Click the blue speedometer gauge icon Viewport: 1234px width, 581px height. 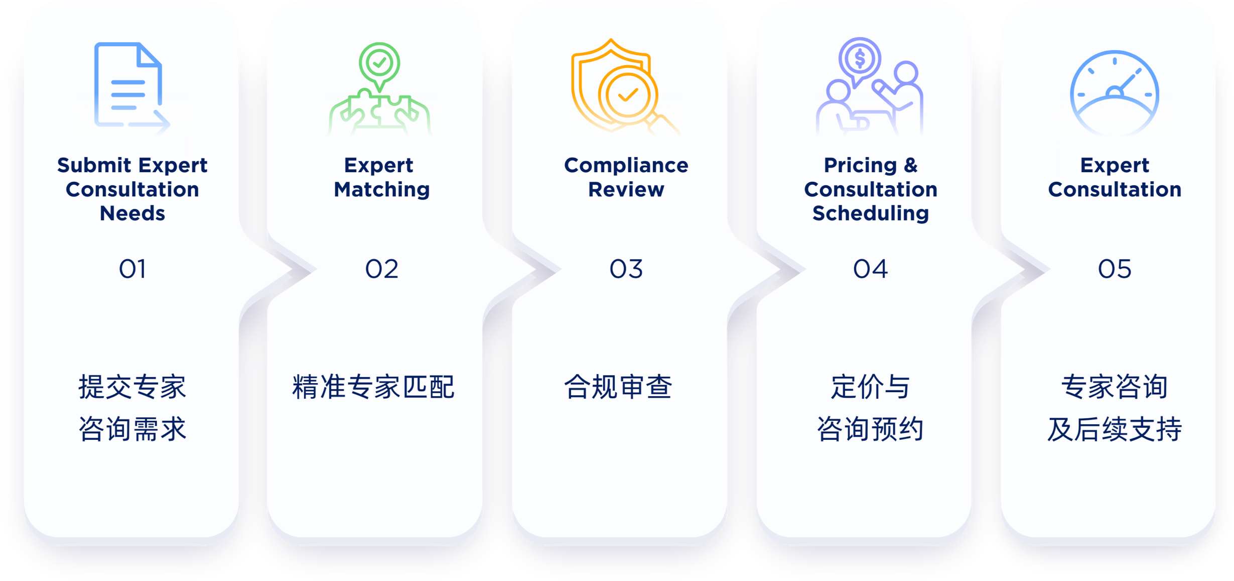click(1114, 93)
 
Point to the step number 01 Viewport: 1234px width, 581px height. click(132, 269)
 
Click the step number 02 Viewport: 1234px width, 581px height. click(381, 269)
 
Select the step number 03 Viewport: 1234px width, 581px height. click(626, 269)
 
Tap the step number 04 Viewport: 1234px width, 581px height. click(870, 269)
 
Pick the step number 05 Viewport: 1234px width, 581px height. click(1115, 269)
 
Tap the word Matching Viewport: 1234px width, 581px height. click(382, 190)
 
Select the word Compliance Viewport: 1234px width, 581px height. click(626, 165)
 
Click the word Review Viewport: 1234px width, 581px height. click(626, 190)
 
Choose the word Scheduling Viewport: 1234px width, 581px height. click(871, 213)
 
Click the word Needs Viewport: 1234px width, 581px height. click(132, 213)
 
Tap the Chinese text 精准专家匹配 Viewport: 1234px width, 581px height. click(373, 387)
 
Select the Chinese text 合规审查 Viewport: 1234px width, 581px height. click(618, 387)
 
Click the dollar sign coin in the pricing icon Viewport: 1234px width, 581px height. click(860, 59)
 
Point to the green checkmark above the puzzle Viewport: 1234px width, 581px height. click(379, 63)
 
